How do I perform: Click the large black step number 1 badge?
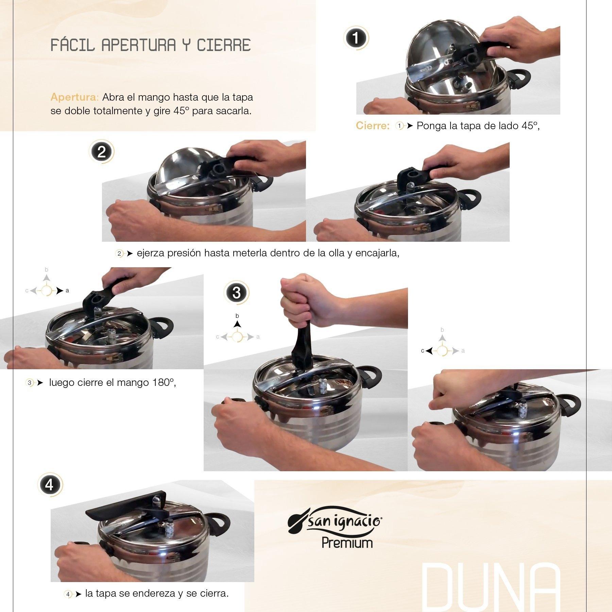pos(356,38)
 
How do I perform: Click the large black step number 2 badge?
pos(101,152)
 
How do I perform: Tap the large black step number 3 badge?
pos(236,293)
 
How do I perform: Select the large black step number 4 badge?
pos(49,485)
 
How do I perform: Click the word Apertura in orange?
pos(74,97)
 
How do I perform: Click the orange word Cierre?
pos(372,126)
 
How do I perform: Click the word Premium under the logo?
pos(347,543)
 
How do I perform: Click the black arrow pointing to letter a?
pos(60,291)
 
